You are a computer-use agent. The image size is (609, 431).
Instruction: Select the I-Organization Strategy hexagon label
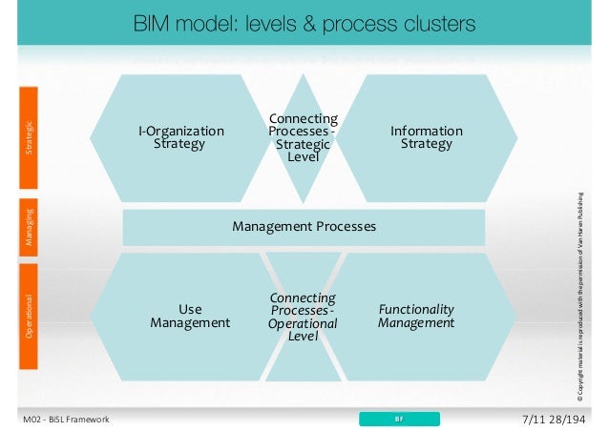[180, 137]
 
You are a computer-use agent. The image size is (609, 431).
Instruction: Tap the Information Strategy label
[427, 137]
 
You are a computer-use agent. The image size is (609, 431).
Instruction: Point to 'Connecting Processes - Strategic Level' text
[303, 137]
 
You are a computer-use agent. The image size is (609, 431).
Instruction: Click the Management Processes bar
[304, 227]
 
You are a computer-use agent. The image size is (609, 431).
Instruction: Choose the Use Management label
[190, 316]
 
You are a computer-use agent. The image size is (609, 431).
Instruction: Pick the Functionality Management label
[416, 316]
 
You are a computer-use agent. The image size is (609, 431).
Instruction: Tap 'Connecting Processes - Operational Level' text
[303, 316]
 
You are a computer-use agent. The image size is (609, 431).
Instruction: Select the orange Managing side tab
[30, 226]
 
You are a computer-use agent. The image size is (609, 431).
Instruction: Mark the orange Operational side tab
[30, 314]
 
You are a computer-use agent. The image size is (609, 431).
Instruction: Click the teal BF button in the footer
[400, 419]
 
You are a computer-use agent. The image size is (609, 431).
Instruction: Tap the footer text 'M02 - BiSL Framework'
[66, 420]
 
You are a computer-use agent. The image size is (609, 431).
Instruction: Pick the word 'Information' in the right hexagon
[427, 131]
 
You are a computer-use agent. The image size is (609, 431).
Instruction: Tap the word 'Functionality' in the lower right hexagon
[416, 309]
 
